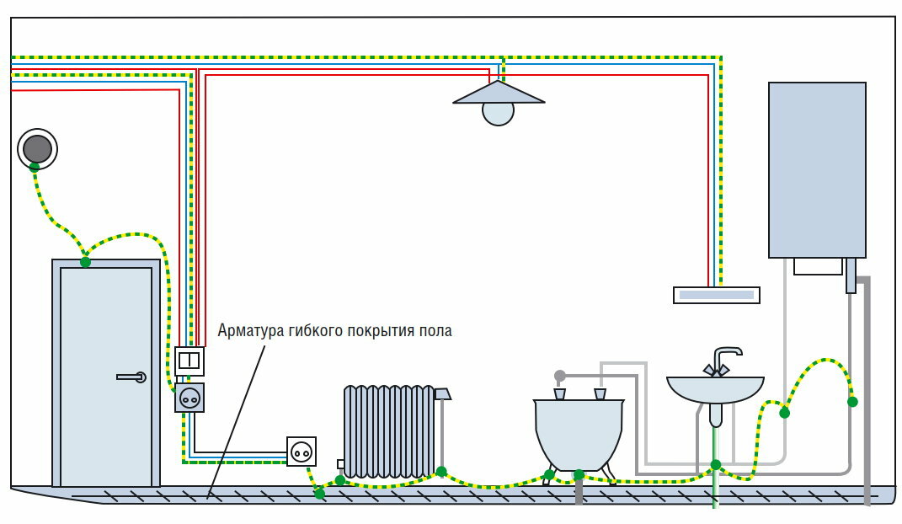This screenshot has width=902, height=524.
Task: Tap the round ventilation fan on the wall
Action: (37, 149)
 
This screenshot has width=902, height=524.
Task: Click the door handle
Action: (131, 377)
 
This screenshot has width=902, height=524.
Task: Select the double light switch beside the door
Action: (189, 361)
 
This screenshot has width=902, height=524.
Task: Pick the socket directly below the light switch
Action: (189, 397)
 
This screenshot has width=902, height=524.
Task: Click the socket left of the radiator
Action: (302, 452)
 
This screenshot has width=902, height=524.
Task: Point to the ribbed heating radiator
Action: (388, 430)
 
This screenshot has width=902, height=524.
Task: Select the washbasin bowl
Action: (715, 390)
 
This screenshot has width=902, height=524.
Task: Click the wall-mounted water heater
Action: (816, 168)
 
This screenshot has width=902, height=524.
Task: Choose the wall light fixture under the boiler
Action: (717, 295)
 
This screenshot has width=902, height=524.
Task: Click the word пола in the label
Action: (435, 330)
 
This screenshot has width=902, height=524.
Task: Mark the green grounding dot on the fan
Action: (35, 168)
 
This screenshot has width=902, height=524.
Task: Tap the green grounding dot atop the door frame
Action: (85, 262)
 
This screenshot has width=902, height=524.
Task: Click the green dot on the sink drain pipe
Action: (715, 464)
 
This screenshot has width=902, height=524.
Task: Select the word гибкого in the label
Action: (311, 330)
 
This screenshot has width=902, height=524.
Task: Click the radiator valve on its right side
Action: (443, 393)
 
